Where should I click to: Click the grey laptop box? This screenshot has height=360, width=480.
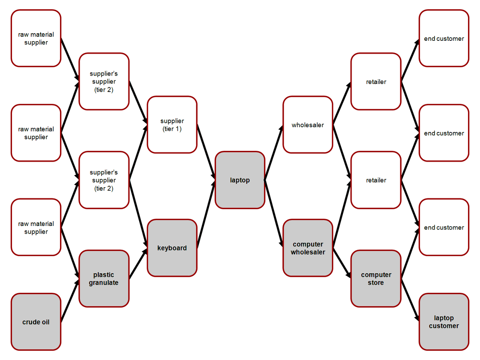(x=240, y=180)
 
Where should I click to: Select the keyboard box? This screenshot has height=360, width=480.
(x=172, y=248)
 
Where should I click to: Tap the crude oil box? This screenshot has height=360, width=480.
(x=36, y=322)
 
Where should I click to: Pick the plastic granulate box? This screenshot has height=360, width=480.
(x=104, y=278)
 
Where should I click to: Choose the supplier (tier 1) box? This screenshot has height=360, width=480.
(x=172, y=125)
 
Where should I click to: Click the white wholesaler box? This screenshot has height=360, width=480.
(x=308, y=125)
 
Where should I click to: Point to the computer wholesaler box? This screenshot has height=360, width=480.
(x=308, y=248)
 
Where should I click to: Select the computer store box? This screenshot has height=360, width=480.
(x=376, y=278)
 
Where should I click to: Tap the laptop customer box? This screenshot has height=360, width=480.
(x=444, y=322)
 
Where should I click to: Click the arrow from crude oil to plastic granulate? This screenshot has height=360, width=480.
(x=70, y=300)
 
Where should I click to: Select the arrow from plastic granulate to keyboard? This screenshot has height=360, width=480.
(x=138, y=263)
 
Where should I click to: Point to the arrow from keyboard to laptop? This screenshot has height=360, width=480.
(x=206, y=214)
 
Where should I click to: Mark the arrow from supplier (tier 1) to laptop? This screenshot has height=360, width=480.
(x=206, y=152)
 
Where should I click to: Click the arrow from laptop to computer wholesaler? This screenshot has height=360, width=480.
(x=274, y=214)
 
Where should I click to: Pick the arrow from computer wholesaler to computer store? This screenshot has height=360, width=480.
(x=342, y=263)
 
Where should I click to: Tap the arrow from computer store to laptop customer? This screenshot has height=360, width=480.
(x=410, y=300)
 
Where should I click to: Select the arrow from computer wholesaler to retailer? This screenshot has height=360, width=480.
(x=342, y=214)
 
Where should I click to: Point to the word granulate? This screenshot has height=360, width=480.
(x=104, y=283)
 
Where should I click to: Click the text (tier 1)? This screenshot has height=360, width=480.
(x=172, y=129)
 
